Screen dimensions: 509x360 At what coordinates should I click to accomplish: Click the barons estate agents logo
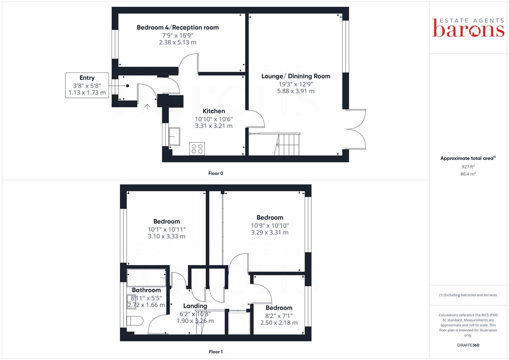pos(468,28)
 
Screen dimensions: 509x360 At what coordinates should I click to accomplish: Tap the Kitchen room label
pos(214,111)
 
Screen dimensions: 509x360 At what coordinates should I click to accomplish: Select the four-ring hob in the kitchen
pos(197,149)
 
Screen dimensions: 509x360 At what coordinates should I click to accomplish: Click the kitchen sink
pos(174,136)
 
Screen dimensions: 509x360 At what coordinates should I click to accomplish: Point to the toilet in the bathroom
pos(135,321)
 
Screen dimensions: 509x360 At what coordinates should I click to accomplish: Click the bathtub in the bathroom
pos(146,277)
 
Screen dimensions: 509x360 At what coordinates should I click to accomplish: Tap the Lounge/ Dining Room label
pos(296,76)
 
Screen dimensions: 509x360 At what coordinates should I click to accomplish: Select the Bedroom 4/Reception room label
pos(178,27)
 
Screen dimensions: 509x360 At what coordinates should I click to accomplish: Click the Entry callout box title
pos(87,78)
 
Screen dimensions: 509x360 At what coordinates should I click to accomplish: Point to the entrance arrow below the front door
pos(147,107)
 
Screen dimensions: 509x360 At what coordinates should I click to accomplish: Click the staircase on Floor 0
pos(287,145)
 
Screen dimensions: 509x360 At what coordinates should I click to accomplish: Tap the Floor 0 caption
pos(216,173)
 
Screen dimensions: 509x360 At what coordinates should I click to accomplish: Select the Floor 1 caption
pos(216,352)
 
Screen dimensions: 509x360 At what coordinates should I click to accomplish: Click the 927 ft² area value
pos(468,167)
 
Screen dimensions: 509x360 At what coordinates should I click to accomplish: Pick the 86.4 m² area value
pos(468,174)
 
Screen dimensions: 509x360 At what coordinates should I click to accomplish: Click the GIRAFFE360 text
pos(468,345)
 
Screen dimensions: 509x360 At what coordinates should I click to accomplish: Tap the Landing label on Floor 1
pos(195,306)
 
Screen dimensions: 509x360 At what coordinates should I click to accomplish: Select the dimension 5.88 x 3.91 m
pos(296,91)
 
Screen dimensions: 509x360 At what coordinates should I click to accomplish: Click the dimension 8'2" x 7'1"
pos(279,316)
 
